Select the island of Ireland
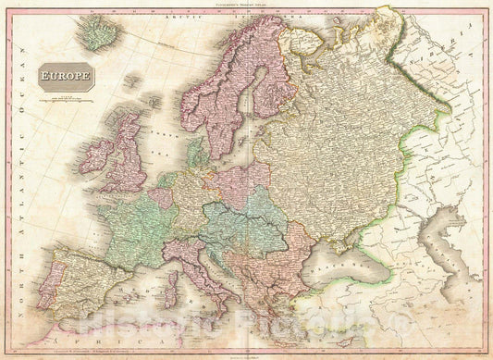coord(96,156)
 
